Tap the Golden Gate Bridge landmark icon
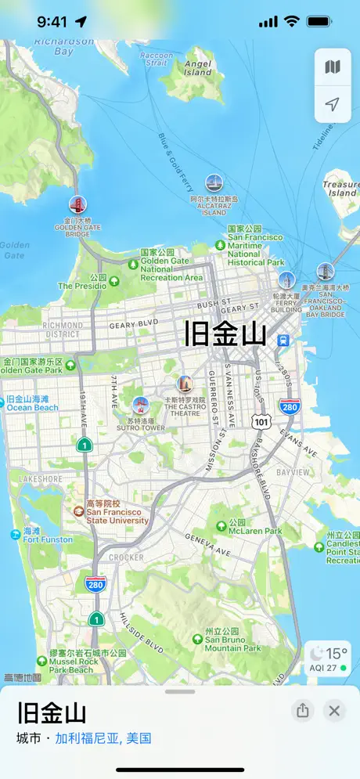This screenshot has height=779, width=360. (x=77, y=204)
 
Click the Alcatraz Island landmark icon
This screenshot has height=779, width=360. (x=214, y=183)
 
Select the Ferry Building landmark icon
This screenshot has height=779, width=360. (x=287, y=280)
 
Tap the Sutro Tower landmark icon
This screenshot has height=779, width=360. (x=141, y=405)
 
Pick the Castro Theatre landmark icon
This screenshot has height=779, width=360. (x=185, y=384)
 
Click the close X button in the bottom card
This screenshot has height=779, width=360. (x=334, y=711)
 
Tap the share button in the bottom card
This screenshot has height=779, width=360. (x=303, y=711)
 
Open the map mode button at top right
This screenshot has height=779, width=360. (x=333, y=67)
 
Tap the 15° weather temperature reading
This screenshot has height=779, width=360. (x=337, y=653)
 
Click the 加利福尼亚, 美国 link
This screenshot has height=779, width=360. (x=103, y=738)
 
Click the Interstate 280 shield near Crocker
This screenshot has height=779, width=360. (x=95, y=583)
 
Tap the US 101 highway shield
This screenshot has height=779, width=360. (x=260, y=421)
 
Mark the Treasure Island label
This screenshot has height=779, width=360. (x=341, y=189)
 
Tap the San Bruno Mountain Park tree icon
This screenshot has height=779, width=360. (x=198, y=639)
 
